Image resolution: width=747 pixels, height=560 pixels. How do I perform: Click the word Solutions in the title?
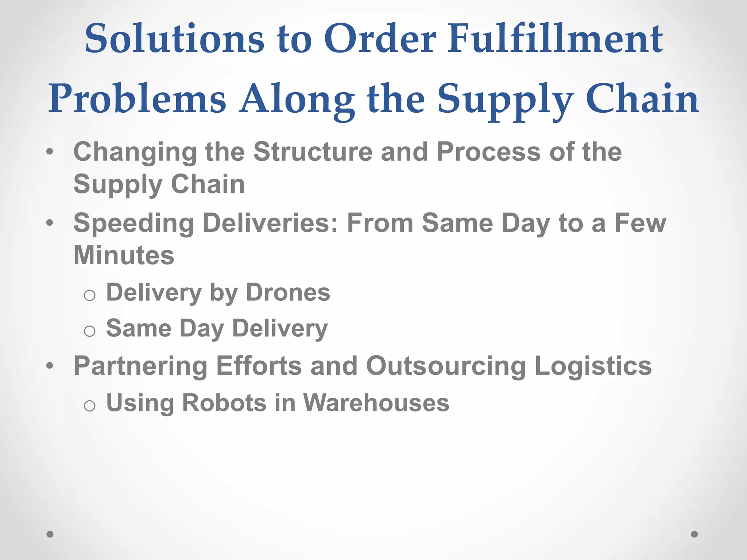(x=174, y=39)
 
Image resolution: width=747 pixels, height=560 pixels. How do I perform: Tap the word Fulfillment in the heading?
(x=555, y=39)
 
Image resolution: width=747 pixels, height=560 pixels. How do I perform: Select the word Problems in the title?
(x=137, y=99)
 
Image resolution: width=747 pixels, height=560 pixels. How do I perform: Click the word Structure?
(x=313, y=152)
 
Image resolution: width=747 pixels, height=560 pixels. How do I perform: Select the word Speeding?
(x=133, y=223)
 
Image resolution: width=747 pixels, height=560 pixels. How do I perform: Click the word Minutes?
(x=124, y=255)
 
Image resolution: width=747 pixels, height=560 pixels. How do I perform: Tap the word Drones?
(x=288, y=292)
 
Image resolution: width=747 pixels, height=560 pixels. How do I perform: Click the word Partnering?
(x=140, y=366)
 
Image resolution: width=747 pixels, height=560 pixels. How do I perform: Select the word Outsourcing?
(x=446, y=366)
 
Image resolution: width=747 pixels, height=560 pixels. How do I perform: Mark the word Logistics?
(x=593, y=366)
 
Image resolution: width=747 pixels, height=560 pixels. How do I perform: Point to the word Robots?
(x=224, y=403)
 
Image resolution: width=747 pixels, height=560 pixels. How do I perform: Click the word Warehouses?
(x=376, y=403)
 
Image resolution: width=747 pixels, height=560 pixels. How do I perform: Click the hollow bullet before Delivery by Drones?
(x=89, y=295)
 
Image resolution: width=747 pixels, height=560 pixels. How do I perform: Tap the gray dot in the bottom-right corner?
(x=694, y=534)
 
